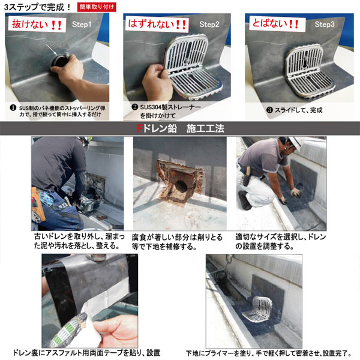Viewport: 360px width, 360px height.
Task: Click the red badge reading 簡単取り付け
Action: pos(99,7)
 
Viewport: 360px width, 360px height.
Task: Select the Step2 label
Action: pos(209,25)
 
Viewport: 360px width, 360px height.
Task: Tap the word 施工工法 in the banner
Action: pos(203,128)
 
